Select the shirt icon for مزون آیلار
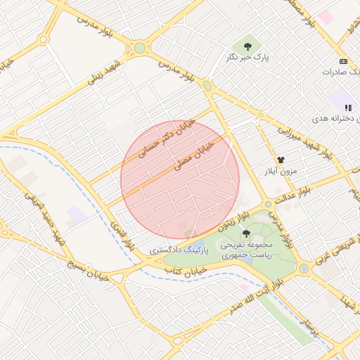point(281,160)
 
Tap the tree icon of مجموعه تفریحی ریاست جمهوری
point(246,233)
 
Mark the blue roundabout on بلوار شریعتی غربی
point(304,269)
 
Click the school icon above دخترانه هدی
point(347,108)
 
